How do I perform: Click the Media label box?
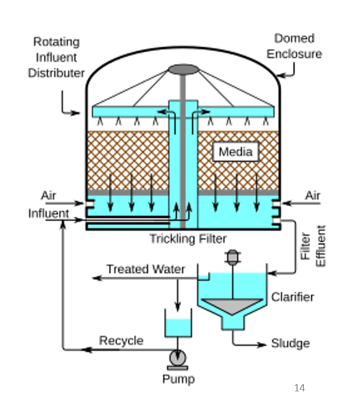coord(235,152)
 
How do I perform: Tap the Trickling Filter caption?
coord(187,239)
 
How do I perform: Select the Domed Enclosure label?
coord(294,46)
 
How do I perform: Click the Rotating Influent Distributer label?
coord(56,58)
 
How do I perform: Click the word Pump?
coord(178,379)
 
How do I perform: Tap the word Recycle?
coord(121,340)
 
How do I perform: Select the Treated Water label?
coord(145,269)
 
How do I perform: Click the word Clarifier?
coord(292,297)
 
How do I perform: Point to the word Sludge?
coord(290,344)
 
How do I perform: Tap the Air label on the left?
coord(48,196)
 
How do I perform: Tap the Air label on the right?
coord(313,196)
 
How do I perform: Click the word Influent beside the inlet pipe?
coord(49,213)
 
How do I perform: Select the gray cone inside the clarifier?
coord(232,307)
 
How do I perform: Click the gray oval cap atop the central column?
coord(183,69)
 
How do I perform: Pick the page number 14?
coord(300,388)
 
